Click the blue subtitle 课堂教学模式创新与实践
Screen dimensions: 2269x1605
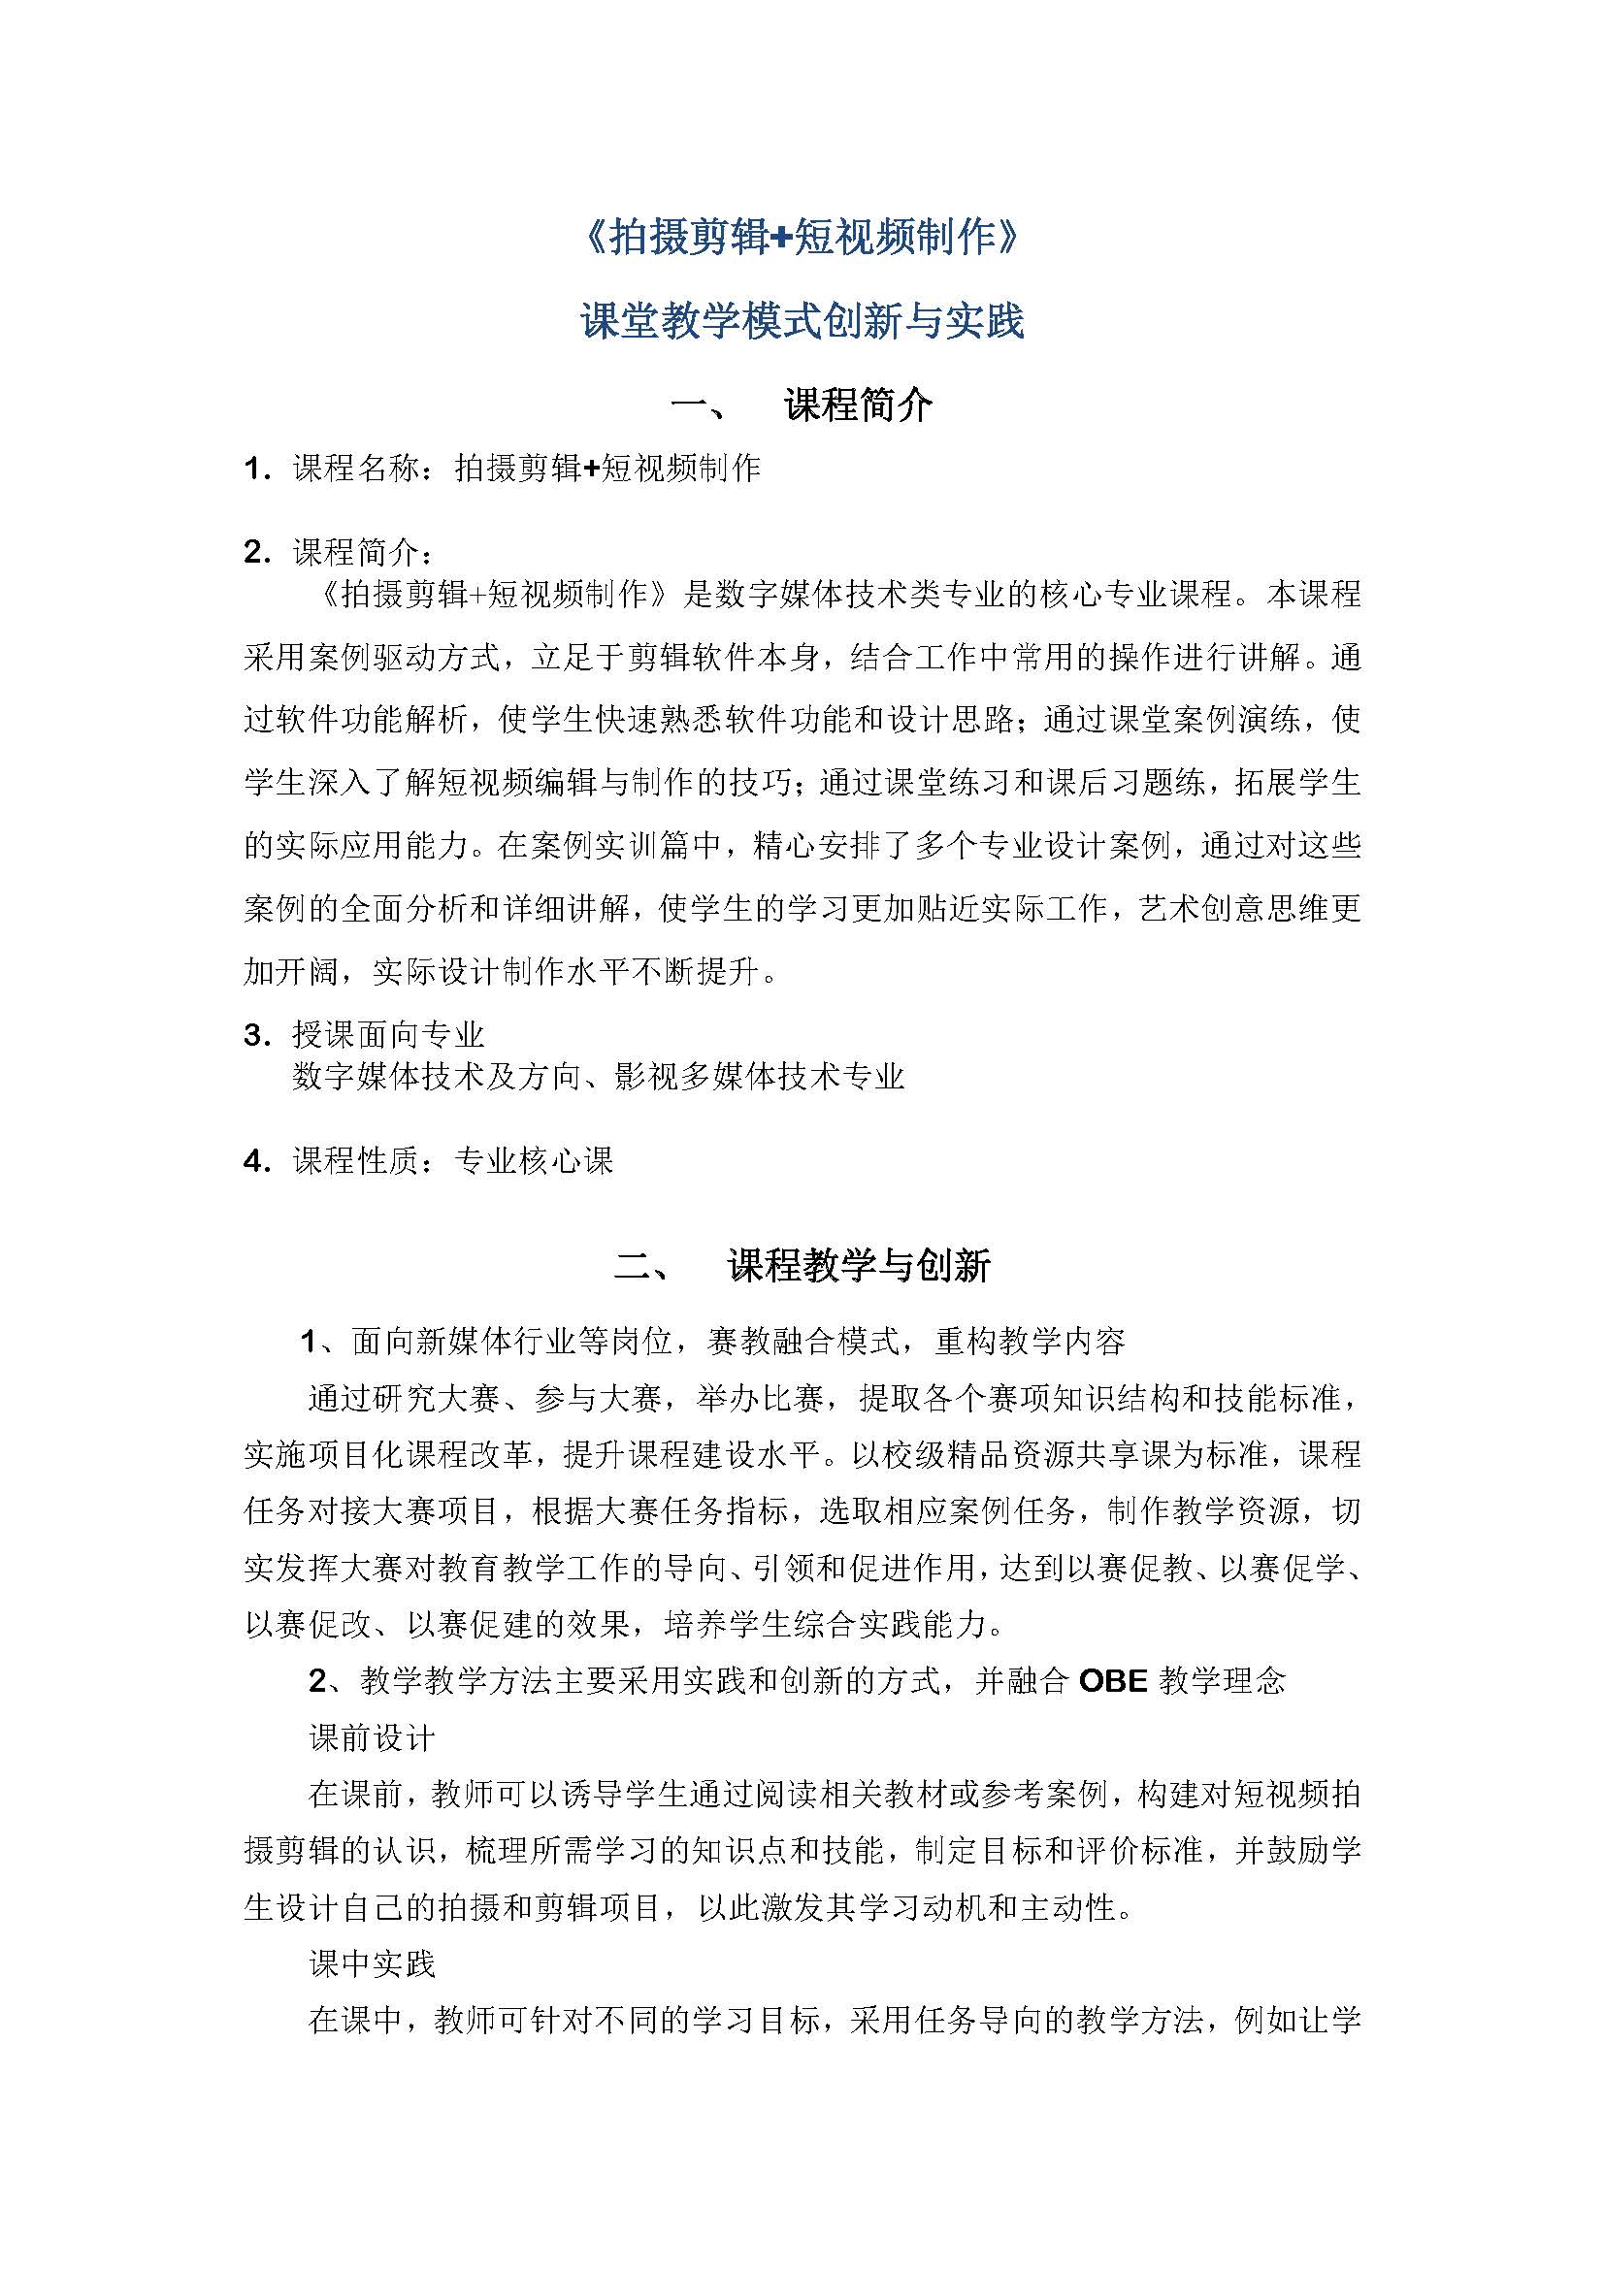[802, 321]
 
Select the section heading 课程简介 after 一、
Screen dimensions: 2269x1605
[858, 405]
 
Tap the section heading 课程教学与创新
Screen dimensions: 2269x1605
[858, 1266]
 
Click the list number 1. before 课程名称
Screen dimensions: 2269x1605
[257, 469]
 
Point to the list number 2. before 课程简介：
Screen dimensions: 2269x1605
[257, 552]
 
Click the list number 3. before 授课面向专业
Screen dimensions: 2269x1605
[257, 1035]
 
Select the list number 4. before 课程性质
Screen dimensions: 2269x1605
[257, 1160]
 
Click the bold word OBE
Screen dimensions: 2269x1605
[1113, 1681]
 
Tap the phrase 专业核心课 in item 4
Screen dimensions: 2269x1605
[534, 1160]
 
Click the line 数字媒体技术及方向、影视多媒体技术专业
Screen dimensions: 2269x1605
[598, 1076]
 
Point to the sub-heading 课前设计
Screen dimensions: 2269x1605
[372, 1738]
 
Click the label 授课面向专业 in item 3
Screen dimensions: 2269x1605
[388, 1035]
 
